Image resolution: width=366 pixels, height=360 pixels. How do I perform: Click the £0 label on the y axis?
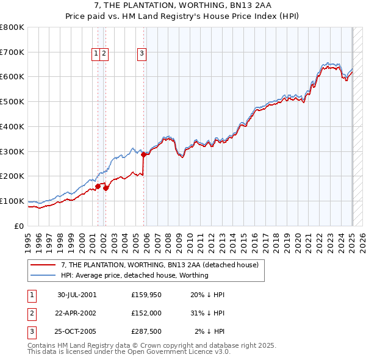tap(18, 226)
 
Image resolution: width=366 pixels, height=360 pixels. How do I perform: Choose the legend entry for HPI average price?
tap(135, 275)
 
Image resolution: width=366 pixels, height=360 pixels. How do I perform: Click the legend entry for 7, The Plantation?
tap(160, 265)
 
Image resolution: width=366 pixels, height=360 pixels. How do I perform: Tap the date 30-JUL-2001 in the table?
tap(77, 295)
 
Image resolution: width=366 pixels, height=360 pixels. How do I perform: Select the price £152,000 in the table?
tap(146, 313)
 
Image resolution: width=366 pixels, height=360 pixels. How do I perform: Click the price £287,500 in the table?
tap(146, 331)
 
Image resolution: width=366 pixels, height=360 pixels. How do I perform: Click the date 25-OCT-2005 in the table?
tap(77, 331)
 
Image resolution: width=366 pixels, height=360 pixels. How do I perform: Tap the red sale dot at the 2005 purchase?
tap(143, 154)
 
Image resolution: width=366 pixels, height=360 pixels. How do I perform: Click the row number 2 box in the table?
tap(30, 313)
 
